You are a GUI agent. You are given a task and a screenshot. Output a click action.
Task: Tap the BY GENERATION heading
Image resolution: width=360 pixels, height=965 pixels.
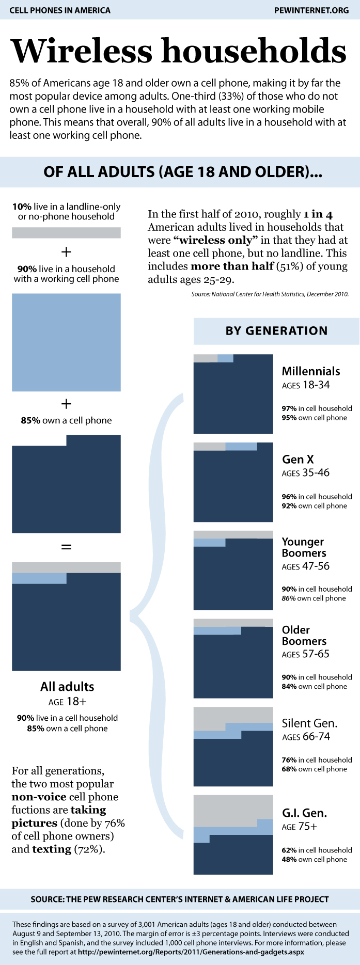[276, 331]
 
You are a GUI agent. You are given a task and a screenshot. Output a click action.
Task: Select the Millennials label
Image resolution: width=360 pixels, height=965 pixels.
[311, 371]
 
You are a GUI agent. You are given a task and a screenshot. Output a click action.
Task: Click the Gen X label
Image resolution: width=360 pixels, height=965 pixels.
[298, 459]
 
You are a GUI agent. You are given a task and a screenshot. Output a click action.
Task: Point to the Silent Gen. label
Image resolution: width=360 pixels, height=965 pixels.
[309, 723]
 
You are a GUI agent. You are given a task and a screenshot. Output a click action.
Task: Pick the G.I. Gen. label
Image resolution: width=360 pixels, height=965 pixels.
[304, 813]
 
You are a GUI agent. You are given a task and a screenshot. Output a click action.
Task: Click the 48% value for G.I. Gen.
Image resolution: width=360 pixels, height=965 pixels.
[289, 859]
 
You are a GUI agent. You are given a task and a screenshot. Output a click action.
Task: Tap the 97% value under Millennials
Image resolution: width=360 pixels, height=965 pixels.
[289, 408]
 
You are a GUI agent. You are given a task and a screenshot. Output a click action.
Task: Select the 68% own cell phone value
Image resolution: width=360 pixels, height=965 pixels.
[289, 769]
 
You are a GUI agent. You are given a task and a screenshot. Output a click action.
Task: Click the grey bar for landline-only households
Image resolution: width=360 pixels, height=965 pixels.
[66, 233]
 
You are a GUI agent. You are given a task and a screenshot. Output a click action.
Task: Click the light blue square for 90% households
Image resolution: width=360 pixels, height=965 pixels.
[66, 342]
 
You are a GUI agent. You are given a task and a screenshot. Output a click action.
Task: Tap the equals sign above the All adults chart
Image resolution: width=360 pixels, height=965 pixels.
[66, 547]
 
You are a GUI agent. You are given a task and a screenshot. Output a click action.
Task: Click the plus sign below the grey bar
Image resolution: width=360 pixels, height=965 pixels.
[66, 252]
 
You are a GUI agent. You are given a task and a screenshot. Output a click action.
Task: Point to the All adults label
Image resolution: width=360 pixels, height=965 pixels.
[67, 687]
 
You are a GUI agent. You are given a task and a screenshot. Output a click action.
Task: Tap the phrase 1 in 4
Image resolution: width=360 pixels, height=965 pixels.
[318, 214]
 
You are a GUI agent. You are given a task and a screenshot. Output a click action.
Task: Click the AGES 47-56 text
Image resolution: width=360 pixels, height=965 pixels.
[305, 566]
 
